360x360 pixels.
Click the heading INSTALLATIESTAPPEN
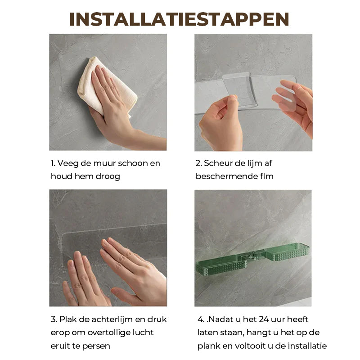[179, 19]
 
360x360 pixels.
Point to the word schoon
[133, 163]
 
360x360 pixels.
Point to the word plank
[209, 346]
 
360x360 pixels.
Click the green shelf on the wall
[252, 259]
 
